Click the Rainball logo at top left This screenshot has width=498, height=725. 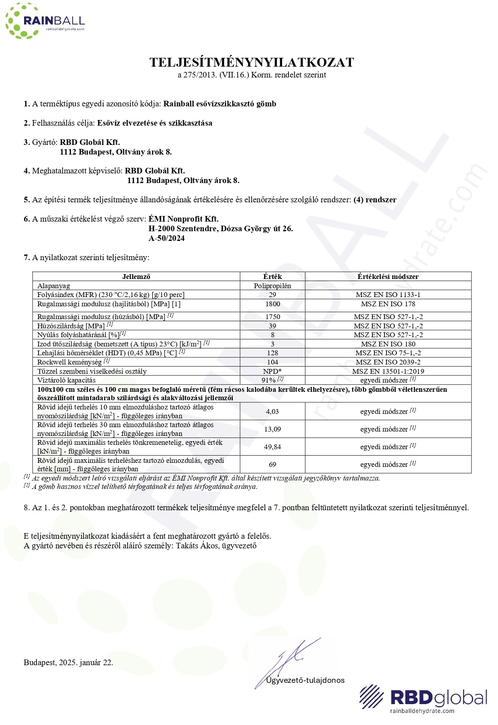pos(45,21)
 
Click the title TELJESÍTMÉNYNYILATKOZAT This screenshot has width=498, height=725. pos(252,62)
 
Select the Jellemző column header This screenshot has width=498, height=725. pos(136,277)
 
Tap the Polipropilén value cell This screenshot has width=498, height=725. pos(272,286)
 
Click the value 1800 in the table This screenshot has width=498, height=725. pos(272,304)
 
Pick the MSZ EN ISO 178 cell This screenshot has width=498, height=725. pos(388,304)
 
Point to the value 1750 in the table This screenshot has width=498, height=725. pos(272,317)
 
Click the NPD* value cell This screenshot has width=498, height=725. pos(272,371)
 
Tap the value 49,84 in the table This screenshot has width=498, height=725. pos(272,447)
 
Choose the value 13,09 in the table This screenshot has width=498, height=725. pos(272,429)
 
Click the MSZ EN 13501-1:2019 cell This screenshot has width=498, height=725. pos(388,371)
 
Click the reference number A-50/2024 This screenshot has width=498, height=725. pos(167,238)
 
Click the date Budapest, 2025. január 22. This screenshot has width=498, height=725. pos(68,663)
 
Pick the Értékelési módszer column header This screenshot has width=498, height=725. pos(388,277)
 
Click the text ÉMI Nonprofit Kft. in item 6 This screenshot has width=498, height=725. pos(183,219)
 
